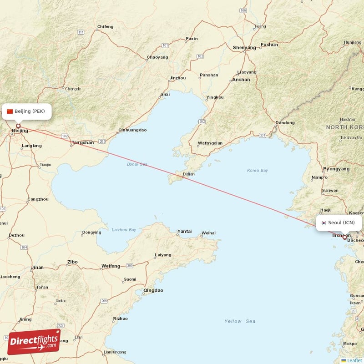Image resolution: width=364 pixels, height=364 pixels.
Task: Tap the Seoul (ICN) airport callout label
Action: coord(339,222)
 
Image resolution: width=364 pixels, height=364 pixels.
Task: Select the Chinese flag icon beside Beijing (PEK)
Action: coord(10,111)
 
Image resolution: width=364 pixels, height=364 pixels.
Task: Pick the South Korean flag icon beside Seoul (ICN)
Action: coord(324,222)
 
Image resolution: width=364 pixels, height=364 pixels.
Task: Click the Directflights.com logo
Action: coord(34,342)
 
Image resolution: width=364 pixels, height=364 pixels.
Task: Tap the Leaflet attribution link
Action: coord(354,360)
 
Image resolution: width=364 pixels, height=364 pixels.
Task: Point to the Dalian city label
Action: coord(188,174)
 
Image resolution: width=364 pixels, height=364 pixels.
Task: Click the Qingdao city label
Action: coord(153,290)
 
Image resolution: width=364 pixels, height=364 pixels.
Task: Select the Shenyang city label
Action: coord(244,47)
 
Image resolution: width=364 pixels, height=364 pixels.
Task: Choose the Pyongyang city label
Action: coord(336,168)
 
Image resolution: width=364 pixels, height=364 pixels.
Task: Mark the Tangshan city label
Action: coord(82,142)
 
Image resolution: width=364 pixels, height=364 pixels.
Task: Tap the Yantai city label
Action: coord(184,231)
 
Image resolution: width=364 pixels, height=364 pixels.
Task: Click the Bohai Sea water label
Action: coord(137,164)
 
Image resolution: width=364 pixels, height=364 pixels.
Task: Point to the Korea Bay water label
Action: coord(257,171)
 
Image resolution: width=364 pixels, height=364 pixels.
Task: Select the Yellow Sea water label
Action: coord(240,321)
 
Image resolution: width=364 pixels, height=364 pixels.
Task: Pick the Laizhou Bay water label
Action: coord(124,230)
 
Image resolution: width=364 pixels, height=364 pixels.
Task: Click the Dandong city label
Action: coord(285,123)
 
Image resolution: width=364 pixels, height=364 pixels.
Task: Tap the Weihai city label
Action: coord(208,233)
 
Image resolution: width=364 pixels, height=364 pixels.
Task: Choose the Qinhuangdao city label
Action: coord(132,130)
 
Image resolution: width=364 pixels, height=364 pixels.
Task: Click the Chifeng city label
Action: coord(105,27)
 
